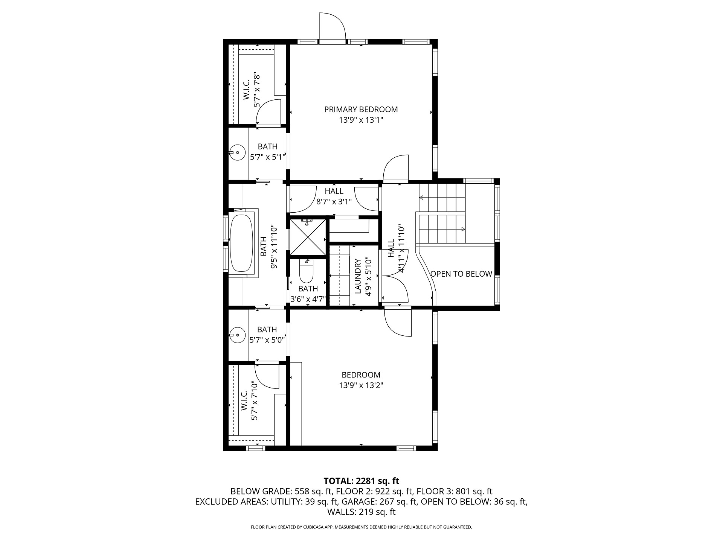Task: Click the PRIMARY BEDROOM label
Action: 361,110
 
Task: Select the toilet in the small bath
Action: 306,271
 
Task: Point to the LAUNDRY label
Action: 358,276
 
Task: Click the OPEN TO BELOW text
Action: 461,274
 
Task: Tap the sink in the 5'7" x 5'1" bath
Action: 237,152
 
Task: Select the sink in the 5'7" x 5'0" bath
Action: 237,335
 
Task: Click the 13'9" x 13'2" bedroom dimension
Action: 361,385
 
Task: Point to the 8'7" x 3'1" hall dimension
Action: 334,201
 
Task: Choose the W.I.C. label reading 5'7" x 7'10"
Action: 249,401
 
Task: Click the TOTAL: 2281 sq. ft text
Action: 361,481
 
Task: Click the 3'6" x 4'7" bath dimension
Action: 308,300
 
